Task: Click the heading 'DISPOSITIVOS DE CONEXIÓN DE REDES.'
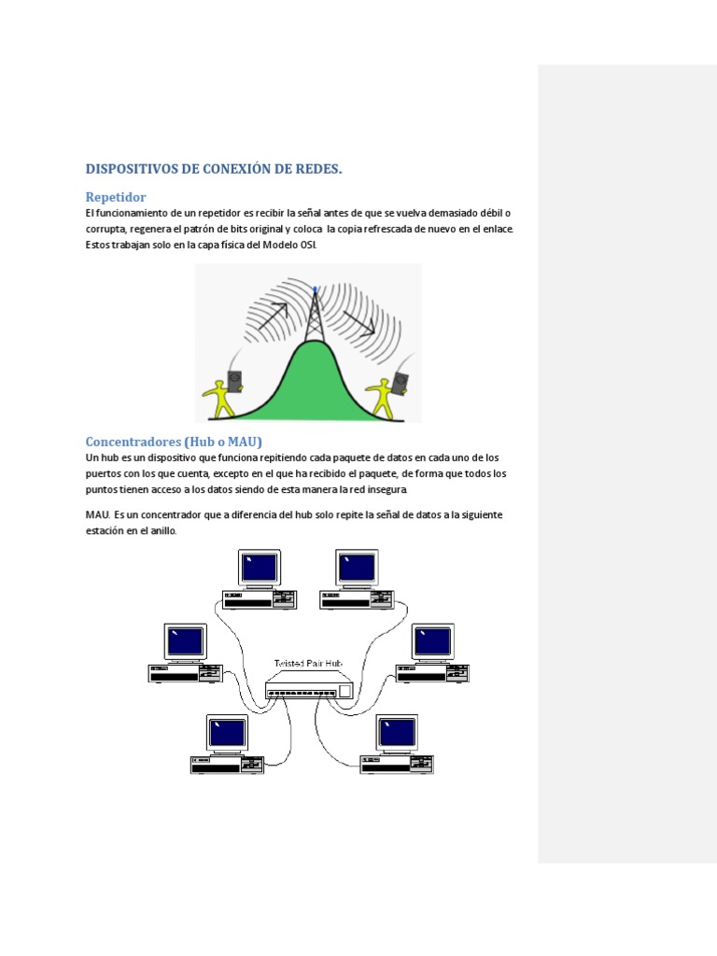(214, 169)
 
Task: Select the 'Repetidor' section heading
(116, 197)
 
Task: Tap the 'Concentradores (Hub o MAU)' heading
(175, 441)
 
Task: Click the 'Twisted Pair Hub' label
(308, 663)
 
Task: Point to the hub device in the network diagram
(309, 690)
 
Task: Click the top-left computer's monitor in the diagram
(259, 568)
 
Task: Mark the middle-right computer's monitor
(432, 641)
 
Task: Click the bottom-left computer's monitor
(227, 733)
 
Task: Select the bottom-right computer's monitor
(397, 733)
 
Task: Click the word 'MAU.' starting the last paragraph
(98, 514)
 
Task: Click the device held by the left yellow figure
(234, 380)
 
